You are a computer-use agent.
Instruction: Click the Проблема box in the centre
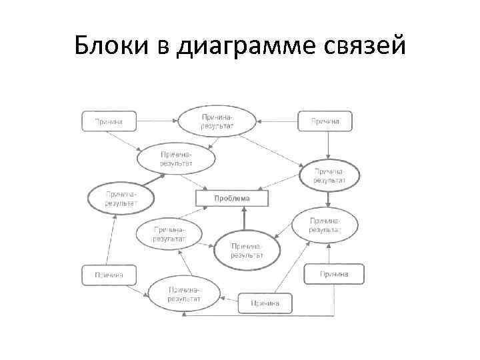(231, 198)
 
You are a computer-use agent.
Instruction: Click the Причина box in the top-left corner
(109, 121)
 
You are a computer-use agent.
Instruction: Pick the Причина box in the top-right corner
(324, 121)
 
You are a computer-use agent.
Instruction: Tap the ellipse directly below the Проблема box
(247, 249)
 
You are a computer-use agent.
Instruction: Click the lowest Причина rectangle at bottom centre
(265, 303)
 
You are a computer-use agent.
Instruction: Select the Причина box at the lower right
(334, 273)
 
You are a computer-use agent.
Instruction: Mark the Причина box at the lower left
(109, 274)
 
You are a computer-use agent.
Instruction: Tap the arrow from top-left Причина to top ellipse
(157, 121)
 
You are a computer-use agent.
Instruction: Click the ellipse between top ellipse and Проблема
(177, 158)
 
